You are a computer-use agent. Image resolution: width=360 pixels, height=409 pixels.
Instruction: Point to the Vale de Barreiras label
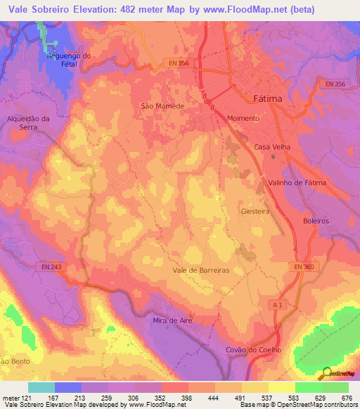[x=201, y=269]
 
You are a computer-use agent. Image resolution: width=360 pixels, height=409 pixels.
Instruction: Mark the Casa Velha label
[x=271, y=147]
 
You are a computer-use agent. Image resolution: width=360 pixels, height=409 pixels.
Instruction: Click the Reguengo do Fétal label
[x=69, y=60]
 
